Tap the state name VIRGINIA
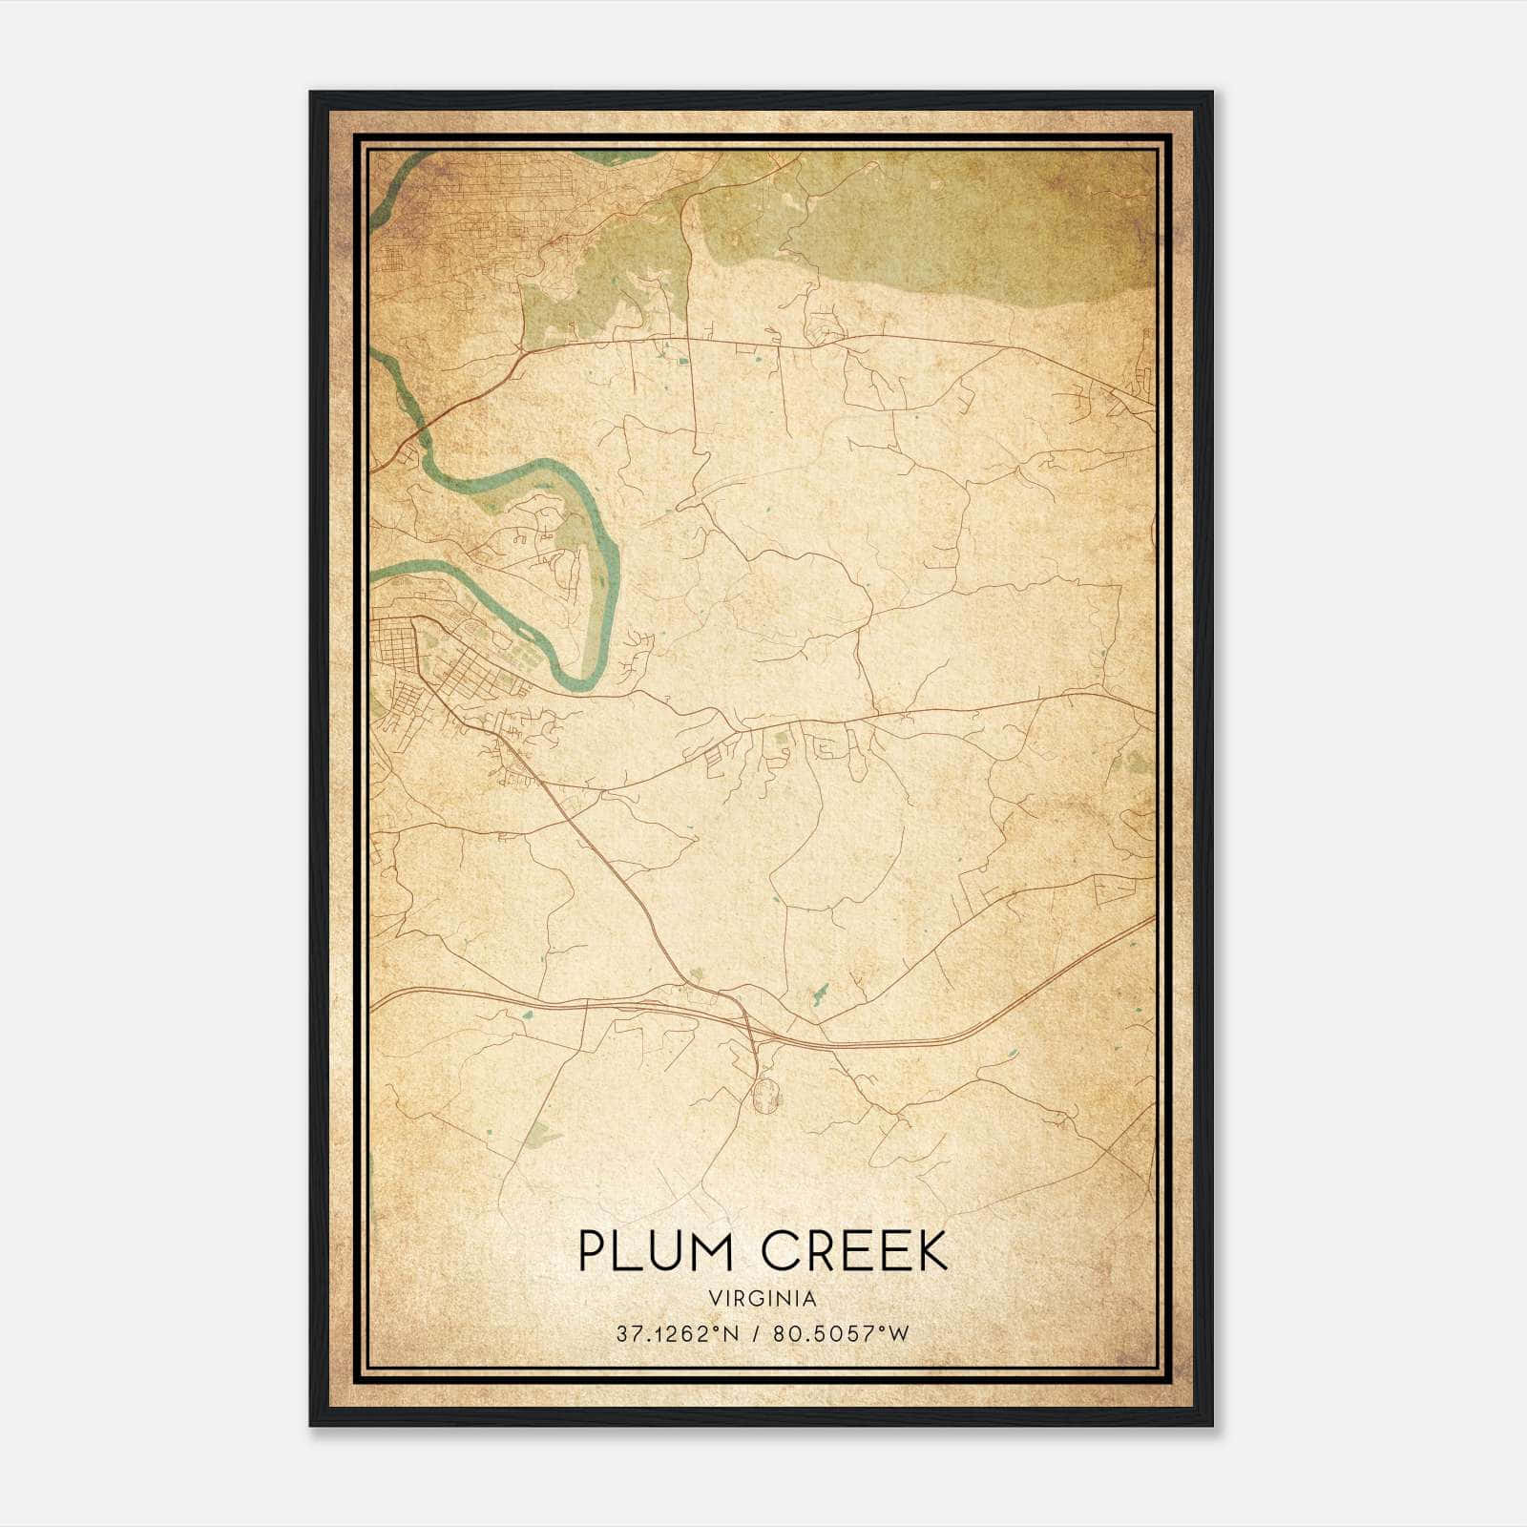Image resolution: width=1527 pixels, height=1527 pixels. pyautogui.click(x=763, y=1299)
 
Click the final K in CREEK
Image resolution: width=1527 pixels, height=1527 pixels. pyautogui.click(x=931, y=1251)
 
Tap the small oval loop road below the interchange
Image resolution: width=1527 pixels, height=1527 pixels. pyautogui.click(x=765, y=1095)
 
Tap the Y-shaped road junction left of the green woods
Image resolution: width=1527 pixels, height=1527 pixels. pyautogui.click(x=520, y=354)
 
